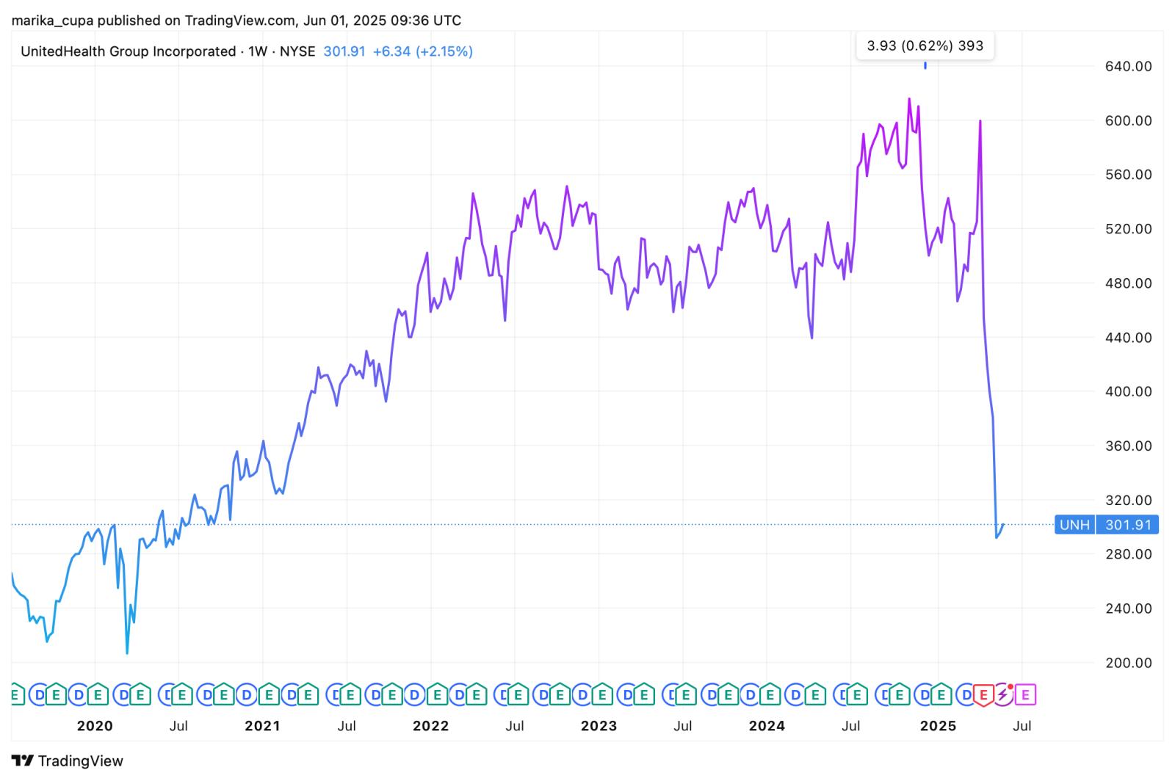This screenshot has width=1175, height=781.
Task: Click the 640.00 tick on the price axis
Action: click(1128, 66)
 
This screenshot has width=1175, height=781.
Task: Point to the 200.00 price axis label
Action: click(1128, 662)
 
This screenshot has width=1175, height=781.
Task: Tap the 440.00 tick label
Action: click(1128, 338)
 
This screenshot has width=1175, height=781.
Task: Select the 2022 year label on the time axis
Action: click(430, 726)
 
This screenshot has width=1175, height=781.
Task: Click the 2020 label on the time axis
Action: click(95, 726)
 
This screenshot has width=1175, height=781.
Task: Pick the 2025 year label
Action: click(938, 726)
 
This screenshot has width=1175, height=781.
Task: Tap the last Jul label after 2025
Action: click(1022, 726)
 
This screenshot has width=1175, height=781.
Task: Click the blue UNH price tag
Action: click(1074, 525)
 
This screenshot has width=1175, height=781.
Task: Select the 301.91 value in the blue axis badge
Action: click(1127, 525)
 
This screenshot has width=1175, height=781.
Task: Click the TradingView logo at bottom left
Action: click(68, 760)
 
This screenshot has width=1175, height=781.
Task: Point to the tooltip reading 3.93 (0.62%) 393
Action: click(925, 46)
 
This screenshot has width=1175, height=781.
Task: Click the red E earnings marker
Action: click(983, 694)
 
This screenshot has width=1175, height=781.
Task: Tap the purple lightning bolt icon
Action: click(1002, 694)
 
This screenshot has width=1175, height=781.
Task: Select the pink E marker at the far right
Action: click(1026, 694)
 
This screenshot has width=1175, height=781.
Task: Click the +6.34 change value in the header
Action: click(392, 51)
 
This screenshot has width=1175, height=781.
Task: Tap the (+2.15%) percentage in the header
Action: click(444, 51)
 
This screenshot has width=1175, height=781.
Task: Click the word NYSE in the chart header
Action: click(297, 51)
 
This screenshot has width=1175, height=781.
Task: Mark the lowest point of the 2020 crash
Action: click(127, 653)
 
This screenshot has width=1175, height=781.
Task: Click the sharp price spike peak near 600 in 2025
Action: click(980, 121)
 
